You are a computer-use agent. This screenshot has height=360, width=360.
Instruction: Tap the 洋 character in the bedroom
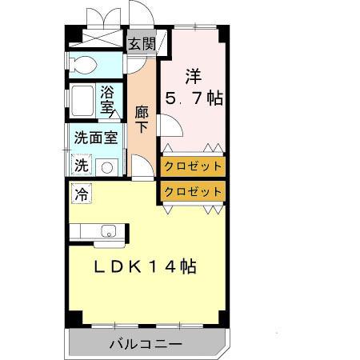click(193, 77)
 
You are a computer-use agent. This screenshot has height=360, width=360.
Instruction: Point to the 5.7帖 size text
click(193, 99)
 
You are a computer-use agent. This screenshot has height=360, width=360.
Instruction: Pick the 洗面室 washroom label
click(95, 137)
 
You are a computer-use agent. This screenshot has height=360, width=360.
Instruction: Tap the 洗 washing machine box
click(81, 166)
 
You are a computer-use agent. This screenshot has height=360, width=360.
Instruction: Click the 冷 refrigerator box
click(81, 192)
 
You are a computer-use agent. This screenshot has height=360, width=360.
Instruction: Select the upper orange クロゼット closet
click(193, 166)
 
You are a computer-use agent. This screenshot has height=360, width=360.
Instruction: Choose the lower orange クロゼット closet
click(193, 191)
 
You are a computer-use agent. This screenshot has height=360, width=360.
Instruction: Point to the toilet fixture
click(83, 65)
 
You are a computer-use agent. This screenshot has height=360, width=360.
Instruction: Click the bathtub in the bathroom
click(82, 100)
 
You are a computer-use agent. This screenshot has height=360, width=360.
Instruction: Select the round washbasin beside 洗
click(106, 166)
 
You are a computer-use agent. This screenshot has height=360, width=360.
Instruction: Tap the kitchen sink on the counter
click(107, 233)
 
